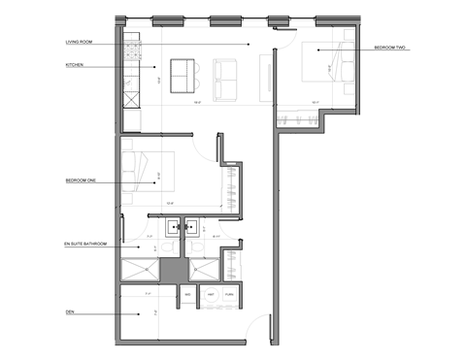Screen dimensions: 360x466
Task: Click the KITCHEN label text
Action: pyautogui.click(x=74, y=65)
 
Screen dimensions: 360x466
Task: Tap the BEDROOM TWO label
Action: pyautogui.click(x=393, y=48)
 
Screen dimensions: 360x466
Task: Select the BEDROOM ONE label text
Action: pyautogui.click(x=82, y=180)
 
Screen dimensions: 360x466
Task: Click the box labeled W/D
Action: pyautogui.click(x=187, y=294)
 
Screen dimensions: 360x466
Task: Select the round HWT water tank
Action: pyautogui.click(x=210, y=294)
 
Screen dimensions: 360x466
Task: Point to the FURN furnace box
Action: pyautogui.click(x=231, y=294)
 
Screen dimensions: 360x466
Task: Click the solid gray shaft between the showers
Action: pyautogui.click(x=171, y=268)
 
